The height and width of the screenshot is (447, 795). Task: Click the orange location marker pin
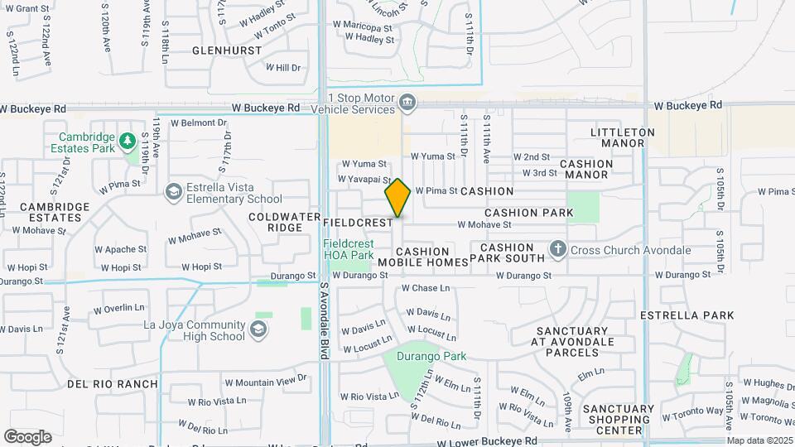click(x=397, y=198)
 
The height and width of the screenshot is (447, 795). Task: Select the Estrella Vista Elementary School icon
click(x=173, y=193)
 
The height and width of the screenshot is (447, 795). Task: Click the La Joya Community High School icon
click(x=258, y=330)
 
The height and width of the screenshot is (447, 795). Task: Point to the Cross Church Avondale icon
click(x=558, y=249)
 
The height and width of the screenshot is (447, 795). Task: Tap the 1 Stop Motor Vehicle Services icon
click(x=407, y=103)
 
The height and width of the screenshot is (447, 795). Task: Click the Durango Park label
click(x=431, y=357)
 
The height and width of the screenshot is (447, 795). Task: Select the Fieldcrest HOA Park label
click(x=348, y=250)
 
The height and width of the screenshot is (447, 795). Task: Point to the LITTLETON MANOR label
click(x=623, y=137)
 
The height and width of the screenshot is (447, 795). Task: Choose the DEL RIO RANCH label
click(x=113, y=384)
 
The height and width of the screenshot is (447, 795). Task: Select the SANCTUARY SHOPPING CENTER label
click(x=618, y=419)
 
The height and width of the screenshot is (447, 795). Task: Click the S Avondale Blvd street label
click(x=323, y=320)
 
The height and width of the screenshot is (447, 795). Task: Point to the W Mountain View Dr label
click(x=265, y=381)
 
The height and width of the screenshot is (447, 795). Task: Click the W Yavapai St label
click(x=364, y=179)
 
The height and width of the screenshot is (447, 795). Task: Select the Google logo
click(x=27, y=436)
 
